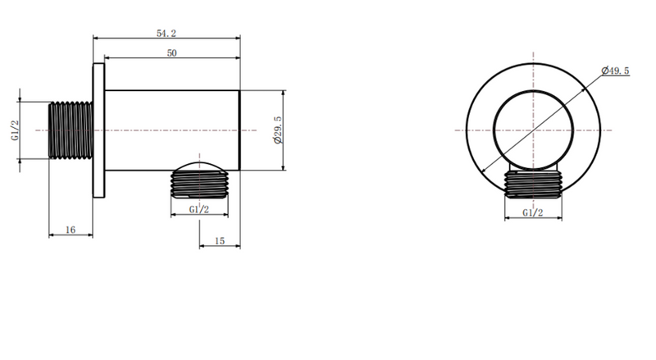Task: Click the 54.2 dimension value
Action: click(166, 33)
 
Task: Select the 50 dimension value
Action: click(172, 53)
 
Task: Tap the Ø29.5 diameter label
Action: click(278, 130)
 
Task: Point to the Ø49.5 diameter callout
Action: click(615, 71)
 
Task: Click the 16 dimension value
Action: click(71, 230)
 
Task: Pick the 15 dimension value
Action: click(220, 241)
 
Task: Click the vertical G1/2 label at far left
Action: click(15, 130)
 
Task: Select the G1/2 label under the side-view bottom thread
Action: click(199, 209)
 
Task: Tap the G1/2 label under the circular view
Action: click(533, 212)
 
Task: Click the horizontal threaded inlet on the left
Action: click(71, 130)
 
